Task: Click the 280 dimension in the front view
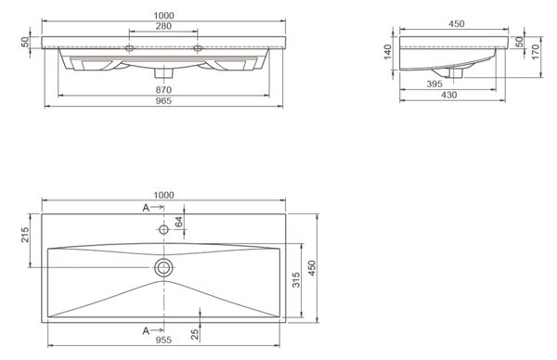(x=163, y=26)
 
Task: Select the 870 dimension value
(x=163, y=90)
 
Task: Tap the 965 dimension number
(x=163, y=101)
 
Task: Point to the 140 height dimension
(x=388, y=52)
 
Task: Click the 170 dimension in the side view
(x=536, y=52)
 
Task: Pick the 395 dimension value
(x=434, y=84)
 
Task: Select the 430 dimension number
(x=449, y=95)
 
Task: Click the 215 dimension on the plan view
(x=25, y=235)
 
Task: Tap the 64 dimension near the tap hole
(x=178, y=222)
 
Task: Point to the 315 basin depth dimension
(x=296, y=280)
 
